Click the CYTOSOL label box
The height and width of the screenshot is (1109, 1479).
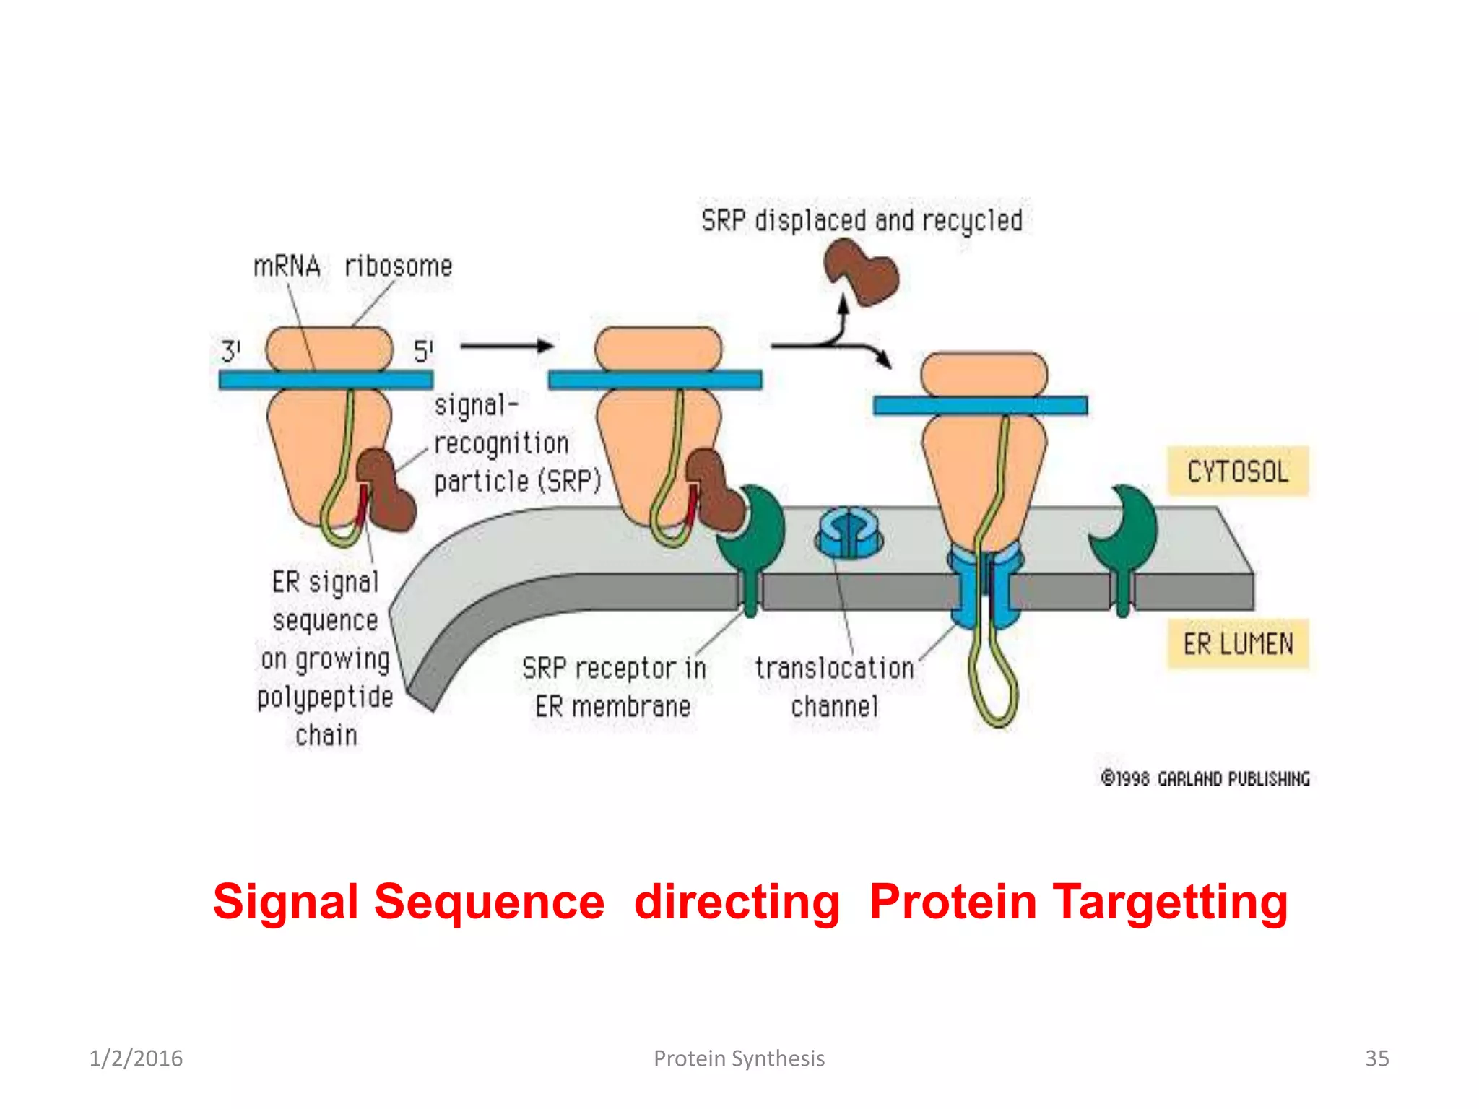click(x=1238, y=471)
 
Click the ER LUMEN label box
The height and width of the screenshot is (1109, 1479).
click(x=1238, y=643)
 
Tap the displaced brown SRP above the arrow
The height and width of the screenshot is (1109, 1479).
click(x=862, y=273)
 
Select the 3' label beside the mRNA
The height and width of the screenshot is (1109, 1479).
click(x=230, y=352)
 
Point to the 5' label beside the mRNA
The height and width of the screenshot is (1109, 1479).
click(x=423, y=352)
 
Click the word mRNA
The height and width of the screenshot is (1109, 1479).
click(x=287, y=266)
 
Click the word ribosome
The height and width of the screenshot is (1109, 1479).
click(x=399, y=266)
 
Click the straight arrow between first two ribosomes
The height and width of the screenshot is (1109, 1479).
click(x=506, y=346)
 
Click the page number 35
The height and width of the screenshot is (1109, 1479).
click(x=1376, y=1058)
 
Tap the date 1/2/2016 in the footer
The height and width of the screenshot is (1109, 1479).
click(x=136, y=1058)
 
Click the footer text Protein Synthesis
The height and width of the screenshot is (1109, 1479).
click(x=739, y=1058)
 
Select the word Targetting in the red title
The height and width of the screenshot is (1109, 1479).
click(x=1170, y=903)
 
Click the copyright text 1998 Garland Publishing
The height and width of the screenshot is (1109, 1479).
click(x=1205, y=778)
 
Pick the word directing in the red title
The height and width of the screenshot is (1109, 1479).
click(x=737, y=903)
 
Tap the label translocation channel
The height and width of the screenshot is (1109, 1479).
click(x=835, y=687)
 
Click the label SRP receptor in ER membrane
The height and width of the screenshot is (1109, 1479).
click(x=614, y=687)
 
